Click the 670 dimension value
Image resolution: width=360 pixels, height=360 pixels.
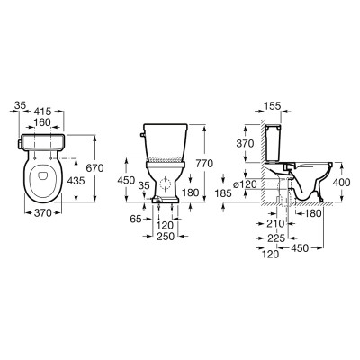click(x=94, y=168)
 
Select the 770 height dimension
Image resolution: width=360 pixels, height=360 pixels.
click(x=204, y=164)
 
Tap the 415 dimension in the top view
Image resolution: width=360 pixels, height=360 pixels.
click(x=42, y=112)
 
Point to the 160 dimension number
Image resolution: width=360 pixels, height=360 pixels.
click(x=42, y=122)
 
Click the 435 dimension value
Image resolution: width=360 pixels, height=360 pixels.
click(x=76, y=181)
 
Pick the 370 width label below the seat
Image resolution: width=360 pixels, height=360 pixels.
click(x=42, y=213)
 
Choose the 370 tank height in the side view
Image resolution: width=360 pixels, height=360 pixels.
click(x=245, y=144)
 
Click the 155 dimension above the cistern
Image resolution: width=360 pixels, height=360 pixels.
click(x=273, y=106)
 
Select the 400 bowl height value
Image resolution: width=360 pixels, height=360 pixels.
click(x=341, y=183)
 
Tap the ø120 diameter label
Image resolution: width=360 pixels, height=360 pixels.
click(x=245, y=184)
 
